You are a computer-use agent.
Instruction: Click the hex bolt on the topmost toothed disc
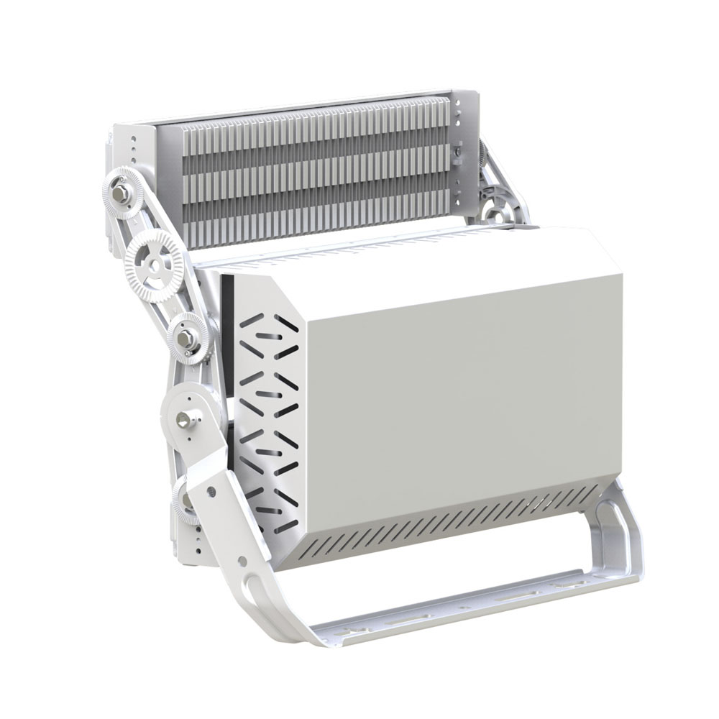tap(123, 193)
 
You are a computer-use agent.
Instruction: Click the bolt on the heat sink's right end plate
tap(454, 152)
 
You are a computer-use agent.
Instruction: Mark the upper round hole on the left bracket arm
tap(213, 491)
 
